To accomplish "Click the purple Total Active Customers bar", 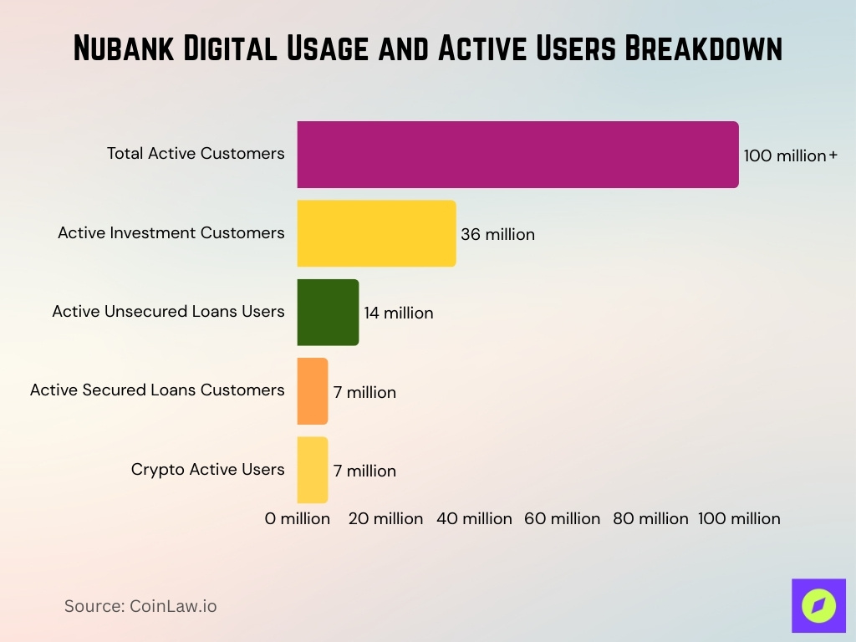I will pos(517,155).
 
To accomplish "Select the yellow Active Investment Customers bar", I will pos(376,233).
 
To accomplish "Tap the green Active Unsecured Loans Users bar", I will pos(328,312).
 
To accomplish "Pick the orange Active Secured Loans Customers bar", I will pos(313,390).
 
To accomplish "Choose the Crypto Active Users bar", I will pos(313,470).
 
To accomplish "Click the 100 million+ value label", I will pos(790,155).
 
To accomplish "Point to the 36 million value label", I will pos(497,235).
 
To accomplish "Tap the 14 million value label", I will pos(398,313).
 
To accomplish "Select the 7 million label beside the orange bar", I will pos(364,392).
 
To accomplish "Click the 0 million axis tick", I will pos(298,518).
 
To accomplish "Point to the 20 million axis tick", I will pos(385,518).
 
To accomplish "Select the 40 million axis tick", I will pos(474,518).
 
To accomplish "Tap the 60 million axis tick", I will pos(562,518).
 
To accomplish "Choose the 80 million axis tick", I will pos(650,518).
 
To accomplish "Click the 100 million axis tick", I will pos(739,518).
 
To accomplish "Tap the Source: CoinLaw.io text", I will pos(140,606).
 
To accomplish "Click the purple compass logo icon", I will pos(818,605).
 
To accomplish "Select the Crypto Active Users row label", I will pos(207,469).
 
